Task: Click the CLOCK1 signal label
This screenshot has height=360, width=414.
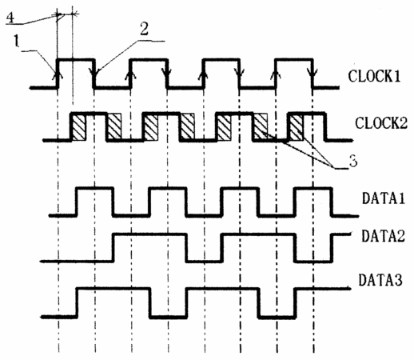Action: pyautogui.click(x=374, y=76)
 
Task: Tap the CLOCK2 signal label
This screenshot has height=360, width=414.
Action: pyautogui.click(x=381, y=122)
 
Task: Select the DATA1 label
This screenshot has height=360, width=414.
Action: pyautogui.click(x=383, y=198)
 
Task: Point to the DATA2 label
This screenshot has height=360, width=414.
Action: pyautogui.click(x=383, y=236)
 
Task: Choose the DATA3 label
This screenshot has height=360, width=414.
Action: pyautogui.click(x=380, y=280)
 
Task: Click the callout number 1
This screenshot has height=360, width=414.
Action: pyautogui.click(x=17, y=42)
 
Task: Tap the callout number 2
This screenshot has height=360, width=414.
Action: pyautogui.click(x=144, y=29)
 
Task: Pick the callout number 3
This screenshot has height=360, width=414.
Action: pyautogui.click(x=353, y=161)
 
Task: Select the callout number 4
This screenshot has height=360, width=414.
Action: pyautogui.click(x=10, y=18)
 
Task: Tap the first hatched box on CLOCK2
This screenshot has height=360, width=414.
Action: pyautogui.click(x=79, y=127)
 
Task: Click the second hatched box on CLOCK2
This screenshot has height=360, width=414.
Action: pyautogui.click(x=114, y=126)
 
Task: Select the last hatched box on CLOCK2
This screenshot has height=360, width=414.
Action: pyautogui.click(x=296, y=127)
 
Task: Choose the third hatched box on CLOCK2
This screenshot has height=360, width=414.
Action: pyautogui.click(x=150, y=127)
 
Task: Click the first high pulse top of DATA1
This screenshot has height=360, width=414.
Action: pyautogui.click(x=95, y=188)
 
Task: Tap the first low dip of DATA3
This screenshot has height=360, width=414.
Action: pyautogui.click(x=169, y=317)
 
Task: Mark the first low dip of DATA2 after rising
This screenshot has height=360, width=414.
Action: pyautogui.click(x=205, y=261)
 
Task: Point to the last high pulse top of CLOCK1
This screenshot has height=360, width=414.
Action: pyautogui.click(x=293, y=59)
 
